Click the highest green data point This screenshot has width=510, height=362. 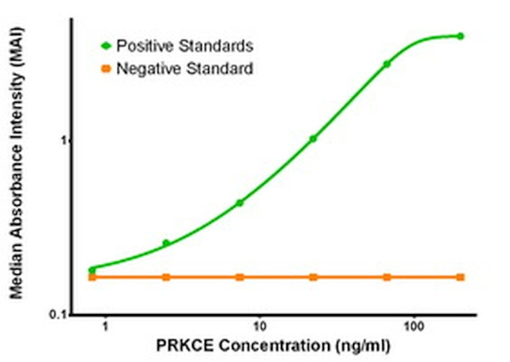point(461,36)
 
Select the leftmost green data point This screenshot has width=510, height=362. point(93,269)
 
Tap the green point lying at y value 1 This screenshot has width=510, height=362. point(313,139)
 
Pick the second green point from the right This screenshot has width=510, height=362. point(387,64)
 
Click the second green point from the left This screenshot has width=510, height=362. point(166,243)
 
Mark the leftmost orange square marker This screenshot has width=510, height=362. point(93,277)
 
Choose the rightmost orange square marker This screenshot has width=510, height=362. point(461,277)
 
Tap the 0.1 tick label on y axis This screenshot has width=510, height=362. point(58,314)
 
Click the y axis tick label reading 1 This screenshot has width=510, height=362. point(66,141)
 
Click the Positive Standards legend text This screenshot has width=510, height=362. point(184,45)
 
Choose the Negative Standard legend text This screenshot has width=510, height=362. point(184,69)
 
